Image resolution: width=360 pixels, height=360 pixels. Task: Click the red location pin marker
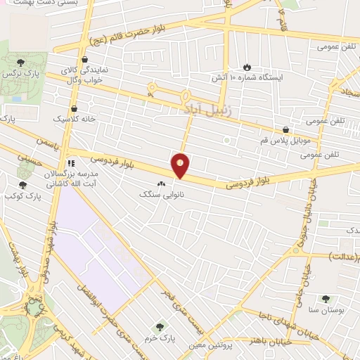[181, 165]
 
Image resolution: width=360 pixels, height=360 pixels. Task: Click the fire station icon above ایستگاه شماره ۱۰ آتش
[247, 66]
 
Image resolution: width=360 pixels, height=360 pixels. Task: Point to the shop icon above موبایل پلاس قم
[285, 130]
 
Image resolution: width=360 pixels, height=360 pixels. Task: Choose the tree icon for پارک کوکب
[23, 185]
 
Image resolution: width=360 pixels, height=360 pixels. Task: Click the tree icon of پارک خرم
[161, 327]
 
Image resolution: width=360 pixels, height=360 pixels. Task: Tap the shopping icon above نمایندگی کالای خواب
[84, 59]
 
